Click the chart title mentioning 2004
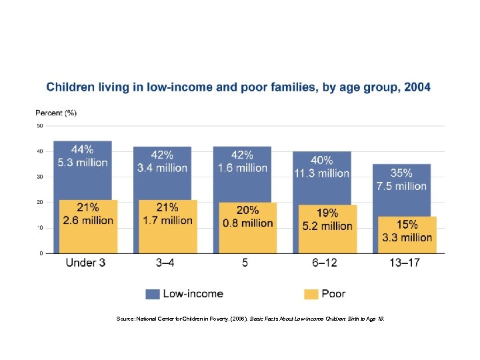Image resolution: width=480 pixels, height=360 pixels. coord(238,87)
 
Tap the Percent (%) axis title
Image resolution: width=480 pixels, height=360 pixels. coord(56,113)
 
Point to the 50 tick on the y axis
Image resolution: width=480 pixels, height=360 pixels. coord(40,125)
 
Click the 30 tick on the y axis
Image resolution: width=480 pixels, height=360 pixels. coord(40,177)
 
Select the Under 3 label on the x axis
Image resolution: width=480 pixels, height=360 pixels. coord(85,263)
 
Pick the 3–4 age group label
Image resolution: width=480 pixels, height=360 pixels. coord(165,263)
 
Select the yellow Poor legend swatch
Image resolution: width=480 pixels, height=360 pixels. coord(311,293)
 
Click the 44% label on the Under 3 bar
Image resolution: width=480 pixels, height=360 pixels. coord(83,150)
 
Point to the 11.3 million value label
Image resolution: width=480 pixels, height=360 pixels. coord(321,173)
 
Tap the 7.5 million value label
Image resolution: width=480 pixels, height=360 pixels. coord(401,186)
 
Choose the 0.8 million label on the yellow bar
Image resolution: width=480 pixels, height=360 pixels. coord(247,223)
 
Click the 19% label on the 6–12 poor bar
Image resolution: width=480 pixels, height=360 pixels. coord(327,213)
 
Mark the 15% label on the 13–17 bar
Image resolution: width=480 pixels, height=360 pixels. coord(407,225)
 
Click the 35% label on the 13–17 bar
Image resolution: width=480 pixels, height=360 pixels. coord(401,173)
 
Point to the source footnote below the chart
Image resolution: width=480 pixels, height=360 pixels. coord(250,319)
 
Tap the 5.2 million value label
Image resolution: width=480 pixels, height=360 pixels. coord(327,226)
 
